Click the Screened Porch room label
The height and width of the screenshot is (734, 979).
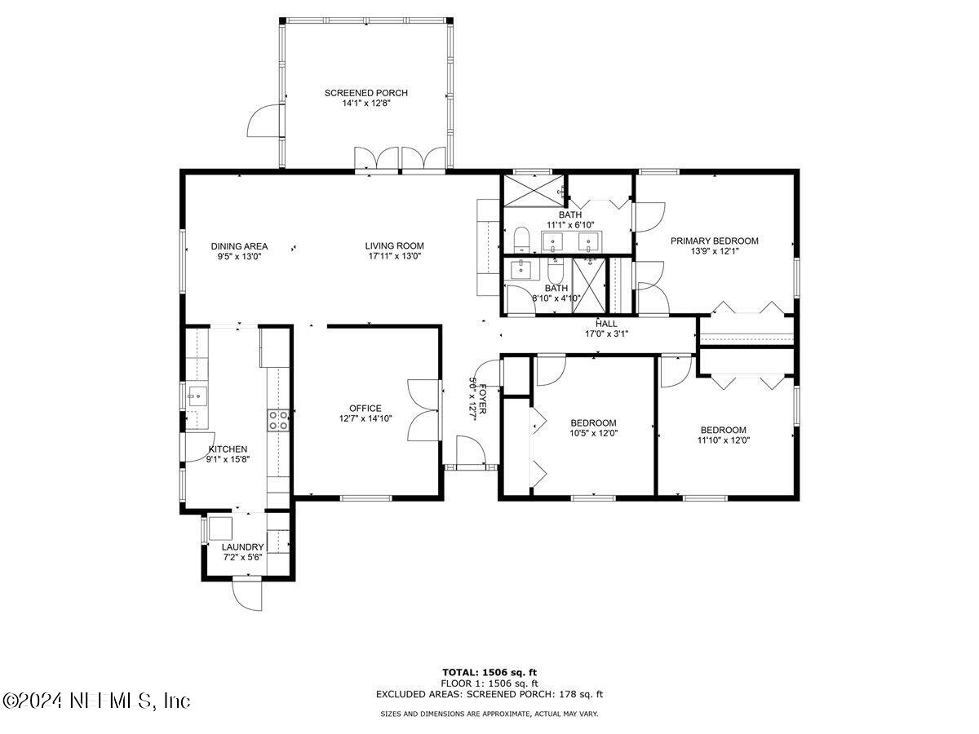365,93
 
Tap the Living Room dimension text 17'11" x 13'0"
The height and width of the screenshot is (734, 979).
394,256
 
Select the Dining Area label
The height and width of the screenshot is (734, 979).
239,245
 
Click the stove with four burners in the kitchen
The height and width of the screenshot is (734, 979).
277,419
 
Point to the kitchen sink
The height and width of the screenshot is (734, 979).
195,398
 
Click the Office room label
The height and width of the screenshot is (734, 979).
365,408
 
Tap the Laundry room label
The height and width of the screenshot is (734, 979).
243,546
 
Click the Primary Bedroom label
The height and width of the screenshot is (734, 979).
714,241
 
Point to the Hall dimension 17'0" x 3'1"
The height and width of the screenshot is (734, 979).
606,333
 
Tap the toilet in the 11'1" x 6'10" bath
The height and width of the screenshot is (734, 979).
522,240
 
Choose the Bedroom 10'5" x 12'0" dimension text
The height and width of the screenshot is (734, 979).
593,433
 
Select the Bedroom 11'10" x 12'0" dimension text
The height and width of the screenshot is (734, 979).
723,440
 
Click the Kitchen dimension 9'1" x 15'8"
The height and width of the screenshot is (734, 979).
228,459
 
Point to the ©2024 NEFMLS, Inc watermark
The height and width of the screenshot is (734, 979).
96,701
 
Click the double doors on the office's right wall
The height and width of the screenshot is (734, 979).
424,410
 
